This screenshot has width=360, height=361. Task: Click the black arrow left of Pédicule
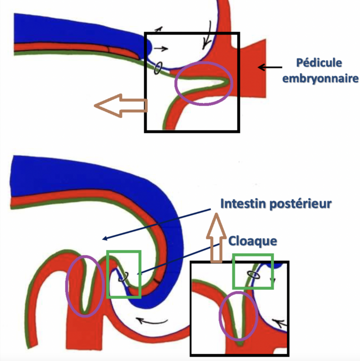tap(268, 67)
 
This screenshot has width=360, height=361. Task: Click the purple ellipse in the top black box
tap(204, 83)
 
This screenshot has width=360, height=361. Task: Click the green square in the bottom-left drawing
tap(124, 274)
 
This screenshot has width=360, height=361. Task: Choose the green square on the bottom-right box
tap(253, 271)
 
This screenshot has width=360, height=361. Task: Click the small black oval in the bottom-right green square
tap(254, 275)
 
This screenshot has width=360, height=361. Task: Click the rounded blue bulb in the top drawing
tap(149, 47)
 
